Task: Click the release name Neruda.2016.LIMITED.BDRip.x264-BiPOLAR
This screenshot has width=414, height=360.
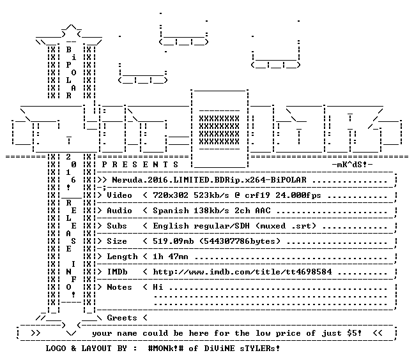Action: [209, 180]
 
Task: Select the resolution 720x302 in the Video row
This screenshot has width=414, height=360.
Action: [171, 195]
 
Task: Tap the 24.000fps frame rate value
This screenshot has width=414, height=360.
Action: [298, 195]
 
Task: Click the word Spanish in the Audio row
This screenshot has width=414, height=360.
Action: [171, 211]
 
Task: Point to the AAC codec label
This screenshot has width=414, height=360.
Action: [263, 211]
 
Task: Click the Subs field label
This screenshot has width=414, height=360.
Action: [117, 226]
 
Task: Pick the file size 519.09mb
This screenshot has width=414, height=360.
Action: [173, 241]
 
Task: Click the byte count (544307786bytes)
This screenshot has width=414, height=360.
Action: [240, 241]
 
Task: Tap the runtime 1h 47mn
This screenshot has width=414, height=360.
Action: [171, 257]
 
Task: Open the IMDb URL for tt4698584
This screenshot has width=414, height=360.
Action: [242, 272]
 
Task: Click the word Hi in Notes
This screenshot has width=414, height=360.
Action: [158, 287]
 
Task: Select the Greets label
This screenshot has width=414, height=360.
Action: [122, 317]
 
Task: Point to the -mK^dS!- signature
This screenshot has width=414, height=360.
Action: [352, 165]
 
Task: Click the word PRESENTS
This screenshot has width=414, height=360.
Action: [140, 165]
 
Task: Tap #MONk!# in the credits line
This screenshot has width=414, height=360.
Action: [166, 348]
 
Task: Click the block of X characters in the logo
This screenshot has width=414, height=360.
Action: [219, 130]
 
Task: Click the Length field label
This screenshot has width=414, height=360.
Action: [122, 257]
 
